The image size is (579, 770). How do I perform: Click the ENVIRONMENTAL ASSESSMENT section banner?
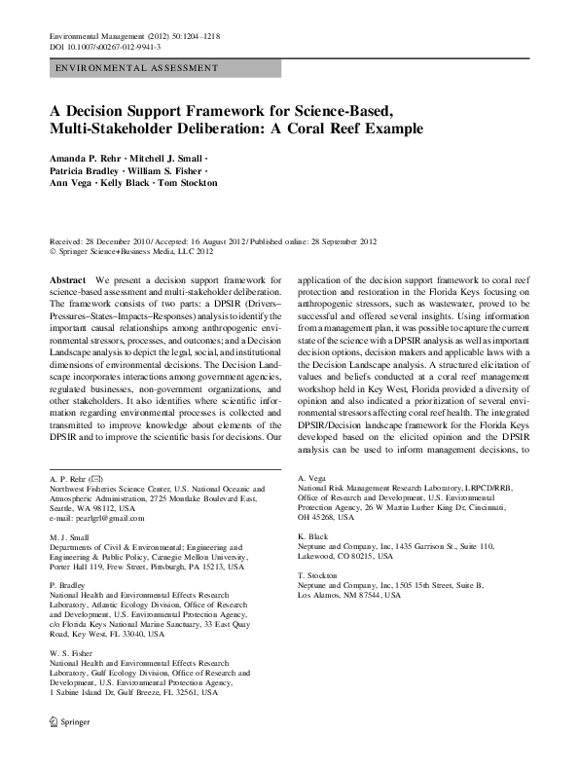point(136,69)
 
